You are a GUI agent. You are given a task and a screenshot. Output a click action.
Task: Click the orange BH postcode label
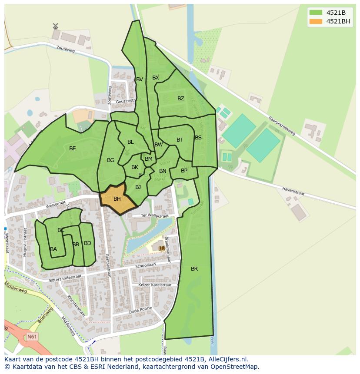(x=117, y=199)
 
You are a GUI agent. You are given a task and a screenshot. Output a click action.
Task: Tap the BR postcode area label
(x=194, y=269)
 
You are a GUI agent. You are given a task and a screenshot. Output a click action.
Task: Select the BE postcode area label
(x=73, y=149)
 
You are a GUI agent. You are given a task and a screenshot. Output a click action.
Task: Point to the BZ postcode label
(x=181, y=99)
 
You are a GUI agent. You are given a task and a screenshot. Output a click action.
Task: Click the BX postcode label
(x=156, y=78)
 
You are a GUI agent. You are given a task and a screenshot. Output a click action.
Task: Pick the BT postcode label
(x=180, y=140)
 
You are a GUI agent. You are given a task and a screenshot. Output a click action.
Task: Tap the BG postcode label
(x=110, y=160)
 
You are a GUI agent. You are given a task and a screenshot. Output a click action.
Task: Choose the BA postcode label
(x=53, y=249)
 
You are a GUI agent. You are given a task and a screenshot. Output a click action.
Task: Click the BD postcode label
(x=87, y=243)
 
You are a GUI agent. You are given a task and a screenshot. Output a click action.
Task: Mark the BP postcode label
(x=184, y=171)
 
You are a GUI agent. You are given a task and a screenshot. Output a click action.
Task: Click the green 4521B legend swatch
(x=316, y=12)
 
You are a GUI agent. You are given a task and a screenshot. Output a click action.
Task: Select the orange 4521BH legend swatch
(x=316, y=21)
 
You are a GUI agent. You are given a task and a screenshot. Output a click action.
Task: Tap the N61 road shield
(x=31, y=337)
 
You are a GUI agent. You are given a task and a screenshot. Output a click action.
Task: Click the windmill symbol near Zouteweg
(x=55, y=27)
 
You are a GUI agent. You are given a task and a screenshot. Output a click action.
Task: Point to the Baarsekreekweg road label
(x=282, y=126)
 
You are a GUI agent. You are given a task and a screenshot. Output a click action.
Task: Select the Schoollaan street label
(x=145, y=265)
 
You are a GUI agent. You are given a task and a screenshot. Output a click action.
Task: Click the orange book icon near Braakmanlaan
(x=162, y=248)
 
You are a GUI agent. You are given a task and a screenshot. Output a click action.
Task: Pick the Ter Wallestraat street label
(x=155, y=216)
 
